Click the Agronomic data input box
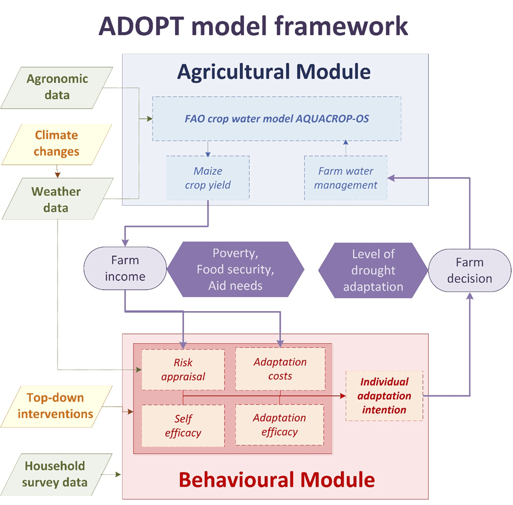[57, 87]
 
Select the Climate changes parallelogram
[57, 143]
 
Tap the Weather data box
[57, 199]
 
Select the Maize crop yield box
[208, 178]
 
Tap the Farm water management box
[346, 178]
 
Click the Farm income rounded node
[125, 269]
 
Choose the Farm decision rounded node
[470, 270]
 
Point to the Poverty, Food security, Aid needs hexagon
[235, 269]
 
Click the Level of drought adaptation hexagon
[373, 270]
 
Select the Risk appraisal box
[183, 369]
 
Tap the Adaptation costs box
[280, 369]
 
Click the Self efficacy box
[183, 426]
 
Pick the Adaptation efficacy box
[280, 425]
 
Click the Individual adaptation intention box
[384, 396]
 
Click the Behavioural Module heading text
[276, 480]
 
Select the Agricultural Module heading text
[275, 72]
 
